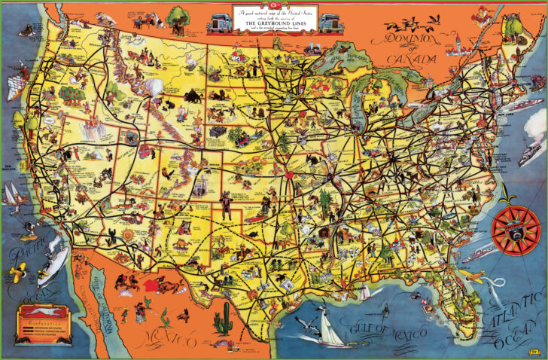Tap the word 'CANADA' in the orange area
pos(413,59)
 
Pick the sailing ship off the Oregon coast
pos(14,85)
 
